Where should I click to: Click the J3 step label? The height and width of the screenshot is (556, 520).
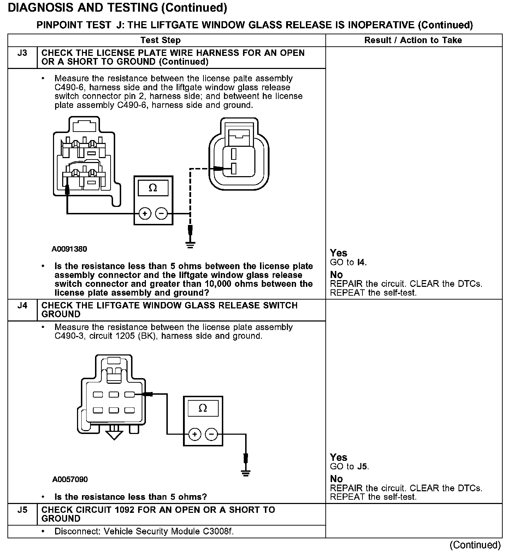coord(22,53)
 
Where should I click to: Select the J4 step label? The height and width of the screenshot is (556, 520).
coord(22,306)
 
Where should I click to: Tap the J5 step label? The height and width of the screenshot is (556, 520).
coord(22,510)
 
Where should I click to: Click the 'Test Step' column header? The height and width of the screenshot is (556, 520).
coord(160,40)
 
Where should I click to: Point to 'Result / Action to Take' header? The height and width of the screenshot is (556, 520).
coord(413,40)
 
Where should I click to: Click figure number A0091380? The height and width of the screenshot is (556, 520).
coord(69,249)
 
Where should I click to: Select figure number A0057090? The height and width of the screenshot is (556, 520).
coord(70,480)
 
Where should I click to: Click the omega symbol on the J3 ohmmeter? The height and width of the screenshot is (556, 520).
coord(153,188)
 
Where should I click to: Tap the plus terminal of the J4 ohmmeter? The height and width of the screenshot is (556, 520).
coord(195,434)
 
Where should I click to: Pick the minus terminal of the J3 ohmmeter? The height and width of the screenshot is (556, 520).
coord(161,214)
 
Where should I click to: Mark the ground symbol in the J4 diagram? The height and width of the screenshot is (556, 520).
coord(246,473)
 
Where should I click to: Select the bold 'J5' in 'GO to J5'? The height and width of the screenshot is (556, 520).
coord(362,467)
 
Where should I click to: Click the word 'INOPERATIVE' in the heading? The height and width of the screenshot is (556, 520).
coord(381,25)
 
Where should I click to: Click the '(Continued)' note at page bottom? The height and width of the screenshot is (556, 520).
coord(475,545)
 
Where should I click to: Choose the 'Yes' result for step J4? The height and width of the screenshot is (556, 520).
coord(338,457)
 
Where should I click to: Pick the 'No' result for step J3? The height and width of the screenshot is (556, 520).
coord(336,275)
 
